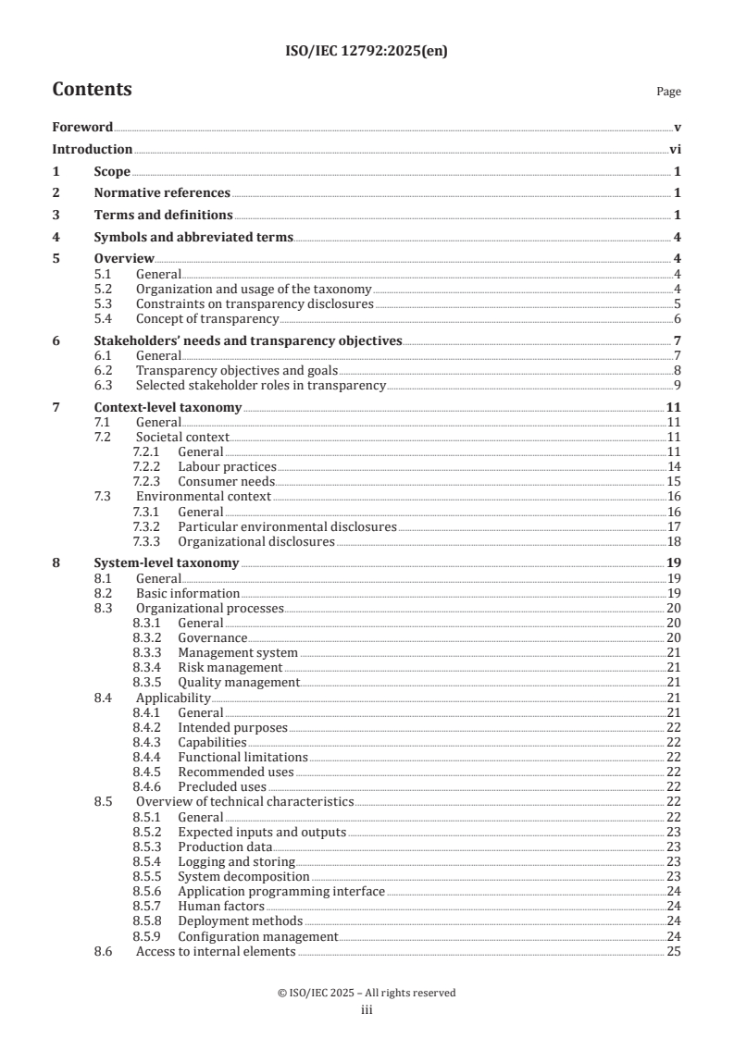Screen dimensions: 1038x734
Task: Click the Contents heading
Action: point(92,90)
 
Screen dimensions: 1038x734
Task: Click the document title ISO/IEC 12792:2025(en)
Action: point(367,51)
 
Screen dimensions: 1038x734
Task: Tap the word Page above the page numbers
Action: point(668,92)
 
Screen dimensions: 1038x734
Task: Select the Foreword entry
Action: point(82,127)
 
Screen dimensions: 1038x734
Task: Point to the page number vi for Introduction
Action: point(675,149)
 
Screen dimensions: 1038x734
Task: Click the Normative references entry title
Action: point(162,192)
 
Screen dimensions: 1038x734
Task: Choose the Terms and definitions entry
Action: point(163,215)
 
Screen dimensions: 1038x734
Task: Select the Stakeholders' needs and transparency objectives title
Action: point(248,340)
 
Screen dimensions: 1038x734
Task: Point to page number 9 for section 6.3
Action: point(678,385)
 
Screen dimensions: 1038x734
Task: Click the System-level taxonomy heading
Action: point(167,563)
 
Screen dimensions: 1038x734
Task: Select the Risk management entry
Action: point(230,667)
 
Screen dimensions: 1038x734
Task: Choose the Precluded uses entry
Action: point(223,786)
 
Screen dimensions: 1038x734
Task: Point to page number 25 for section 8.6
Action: point(674,951)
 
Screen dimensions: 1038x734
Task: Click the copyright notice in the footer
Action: point(367,993)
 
